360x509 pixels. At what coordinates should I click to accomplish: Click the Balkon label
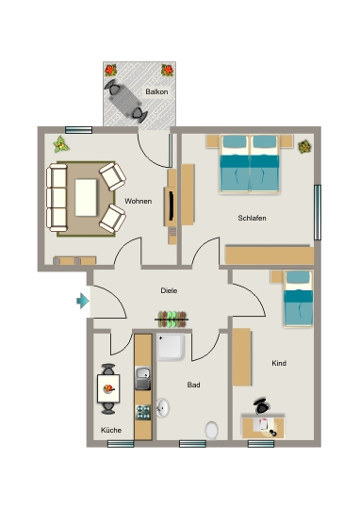tap(156, 91)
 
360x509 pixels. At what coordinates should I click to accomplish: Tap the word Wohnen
tap(139, 202)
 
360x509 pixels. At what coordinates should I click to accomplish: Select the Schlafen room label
tap(252, 218)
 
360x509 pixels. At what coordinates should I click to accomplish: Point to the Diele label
tap(169, 290)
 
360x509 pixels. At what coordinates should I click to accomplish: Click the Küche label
tap(111, 430)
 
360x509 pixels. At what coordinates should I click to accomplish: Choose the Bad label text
tap(193, 385)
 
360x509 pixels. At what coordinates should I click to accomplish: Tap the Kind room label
tap(279, 363)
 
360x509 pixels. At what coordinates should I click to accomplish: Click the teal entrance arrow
tap(83, 301)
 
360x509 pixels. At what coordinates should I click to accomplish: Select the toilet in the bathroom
tap(212, 431)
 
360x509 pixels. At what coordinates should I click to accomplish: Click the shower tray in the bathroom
tap(171, 347)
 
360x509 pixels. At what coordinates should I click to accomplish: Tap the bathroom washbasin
tap(163, 408)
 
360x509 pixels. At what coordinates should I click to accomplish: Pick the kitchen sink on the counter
tap(143, 378)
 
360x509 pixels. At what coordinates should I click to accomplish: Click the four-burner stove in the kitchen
tap(143, 412)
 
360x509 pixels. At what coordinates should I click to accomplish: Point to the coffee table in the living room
tap(86, 198)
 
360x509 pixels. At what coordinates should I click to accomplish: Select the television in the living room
tap(171, 206)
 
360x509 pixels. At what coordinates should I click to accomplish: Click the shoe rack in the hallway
tap(172, 320)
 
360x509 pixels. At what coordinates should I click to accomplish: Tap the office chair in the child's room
tap(262, 406)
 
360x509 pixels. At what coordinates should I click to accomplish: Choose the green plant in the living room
tap(60, 144)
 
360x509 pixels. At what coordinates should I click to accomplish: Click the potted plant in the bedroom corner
tap(304, 147)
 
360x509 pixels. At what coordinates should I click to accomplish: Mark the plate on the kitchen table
tap(108, 388)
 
